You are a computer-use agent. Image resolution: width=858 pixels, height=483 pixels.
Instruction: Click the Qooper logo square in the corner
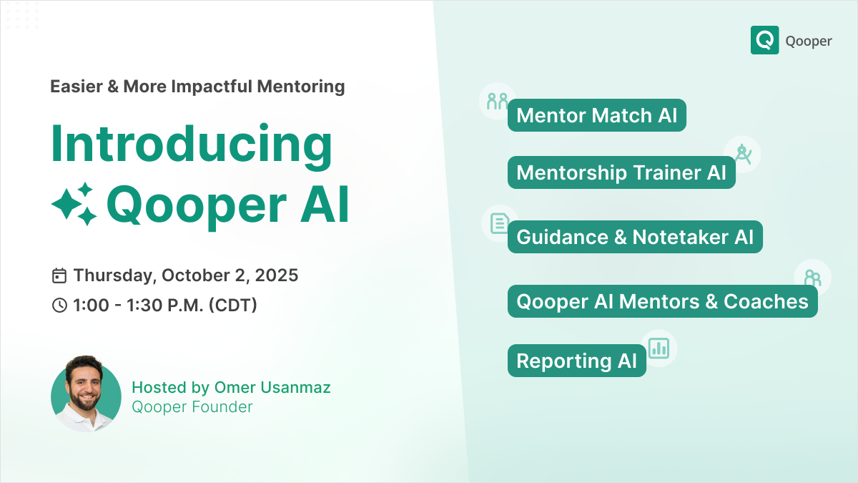point(764,40)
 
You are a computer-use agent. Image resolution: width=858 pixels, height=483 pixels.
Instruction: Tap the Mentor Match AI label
point(596,115)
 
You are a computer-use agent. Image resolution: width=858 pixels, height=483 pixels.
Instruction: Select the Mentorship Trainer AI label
point(621,172)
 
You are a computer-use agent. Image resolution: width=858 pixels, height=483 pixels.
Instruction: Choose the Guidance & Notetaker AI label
point(635,237)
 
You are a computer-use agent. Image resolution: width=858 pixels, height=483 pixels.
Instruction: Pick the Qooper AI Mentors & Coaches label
point(662,301)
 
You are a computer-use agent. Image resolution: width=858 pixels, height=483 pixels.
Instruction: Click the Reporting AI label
point(576,361)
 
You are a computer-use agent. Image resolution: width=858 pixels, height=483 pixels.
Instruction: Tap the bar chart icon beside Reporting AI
point(659,348)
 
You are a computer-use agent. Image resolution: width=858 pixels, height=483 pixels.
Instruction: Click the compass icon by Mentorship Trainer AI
point(742,154)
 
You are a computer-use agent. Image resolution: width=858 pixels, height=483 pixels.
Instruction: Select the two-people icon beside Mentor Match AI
point(497,101)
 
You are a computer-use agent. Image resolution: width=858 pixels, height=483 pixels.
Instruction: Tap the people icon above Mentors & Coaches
point(812,278)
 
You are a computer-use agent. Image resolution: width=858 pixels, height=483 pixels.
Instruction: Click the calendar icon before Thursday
point(59,275)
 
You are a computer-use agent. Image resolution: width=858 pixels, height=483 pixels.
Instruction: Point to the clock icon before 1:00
point(59,306)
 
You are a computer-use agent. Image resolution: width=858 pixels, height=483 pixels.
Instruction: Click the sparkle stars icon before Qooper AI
point(74,204)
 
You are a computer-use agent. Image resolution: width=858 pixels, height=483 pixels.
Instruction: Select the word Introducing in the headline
point(192,144)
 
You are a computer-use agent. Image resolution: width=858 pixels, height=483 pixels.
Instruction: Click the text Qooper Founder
point(192,407)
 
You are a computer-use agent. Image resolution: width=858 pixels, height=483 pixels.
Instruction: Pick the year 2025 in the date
point(275,275)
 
